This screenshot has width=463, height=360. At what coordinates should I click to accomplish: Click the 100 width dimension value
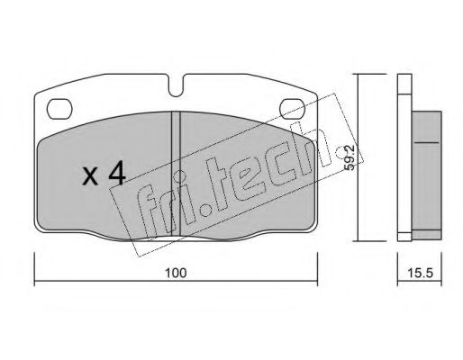pos(176,273)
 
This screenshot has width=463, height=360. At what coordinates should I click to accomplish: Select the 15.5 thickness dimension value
pos(421,273)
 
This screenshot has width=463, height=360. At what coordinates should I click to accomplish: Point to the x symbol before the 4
pos(90,176)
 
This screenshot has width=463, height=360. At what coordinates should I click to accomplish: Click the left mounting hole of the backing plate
pos(59,108)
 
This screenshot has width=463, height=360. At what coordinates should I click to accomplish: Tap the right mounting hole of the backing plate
pos(292,108)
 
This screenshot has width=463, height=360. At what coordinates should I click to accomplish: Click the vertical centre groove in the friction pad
pos(176,173)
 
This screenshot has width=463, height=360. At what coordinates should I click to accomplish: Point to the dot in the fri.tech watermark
pos(206,211)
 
